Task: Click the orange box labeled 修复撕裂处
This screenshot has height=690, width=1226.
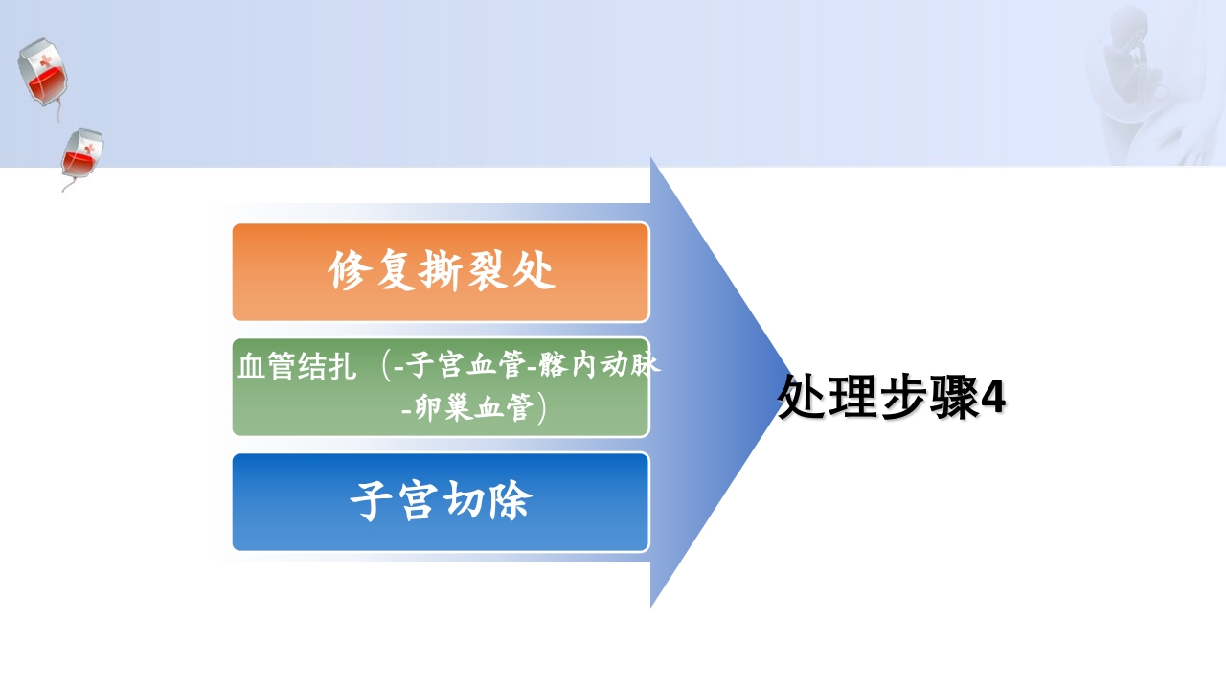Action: coord(441,272)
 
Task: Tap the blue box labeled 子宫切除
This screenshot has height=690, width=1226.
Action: coord(441,502)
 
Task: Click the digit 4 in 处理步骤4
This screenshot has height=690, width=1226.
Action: coord(993,398)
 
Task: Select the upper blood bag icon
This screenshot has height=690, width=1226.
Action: coord(41,75)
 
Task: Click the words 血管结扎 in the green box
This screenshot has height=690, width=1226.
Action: coord(296,367)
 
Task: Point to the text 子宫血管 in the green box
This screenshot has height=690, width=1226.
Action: coord(465,366)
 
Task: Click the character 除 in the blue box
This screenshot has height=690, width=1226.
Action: coord(510,501)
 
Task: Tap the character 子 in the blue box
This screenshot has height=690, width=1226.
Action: coord(371,501)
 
